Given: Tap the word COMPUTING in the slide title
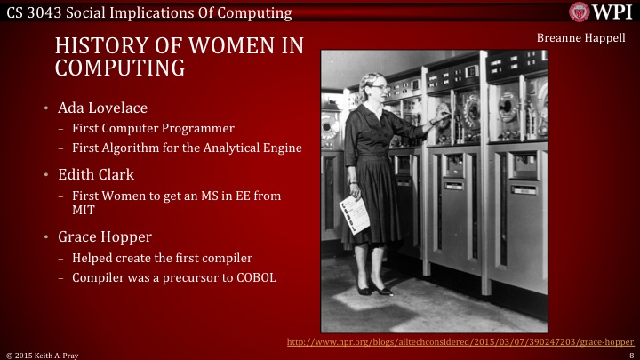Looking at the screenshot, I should pyautogui.click(x=120, y=68).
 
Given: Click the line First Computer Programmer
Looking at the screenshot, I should pyautogui.click(x=152, y=128).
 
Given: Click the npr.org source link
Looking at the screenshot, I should pyautogui.click(x=461, y=341).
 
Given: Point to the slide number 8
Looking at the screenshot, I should pyautogui.click(x=629, y=354).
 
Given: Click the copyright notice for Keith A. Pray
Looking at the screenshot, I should pyautogui.click(x=43, y=354).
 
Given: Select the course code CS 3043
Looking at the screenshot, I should pyautogui.click(x=30, y=12).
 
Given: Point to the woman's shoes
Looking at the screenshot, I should pyautogui.click(x=372, y=289).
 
